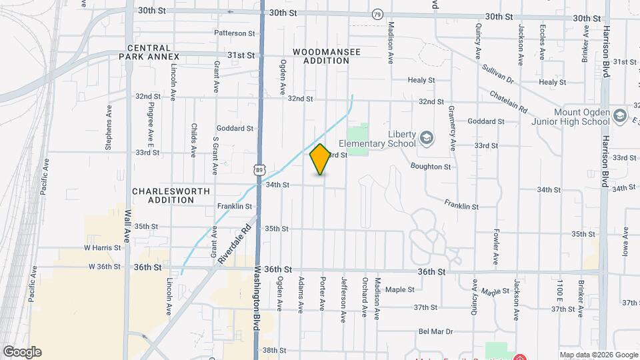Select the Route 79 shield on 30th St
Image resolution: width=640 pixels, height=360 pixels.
tap(378, 14)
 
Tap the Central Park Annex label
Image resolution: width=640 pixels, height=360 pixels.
tap(149, 52)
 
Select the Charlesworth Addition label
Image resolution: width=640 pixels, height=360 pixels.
tap(171, 195)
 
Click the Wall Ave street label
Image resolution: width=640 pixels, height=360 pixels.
tap(127, 226)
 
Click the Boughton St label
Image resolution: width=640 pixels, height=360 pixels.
tap(431, 166)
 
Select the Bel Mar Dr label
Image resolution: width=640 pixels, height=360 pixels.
tap(436, 331)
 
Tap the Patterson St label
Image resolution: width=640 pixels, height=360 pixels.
tap(235, 33)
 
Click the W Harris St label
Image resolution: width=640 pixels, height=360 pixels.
tap(102, 247)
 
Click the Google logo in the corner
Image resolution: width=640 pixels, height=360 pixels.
tap(22, 351)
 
